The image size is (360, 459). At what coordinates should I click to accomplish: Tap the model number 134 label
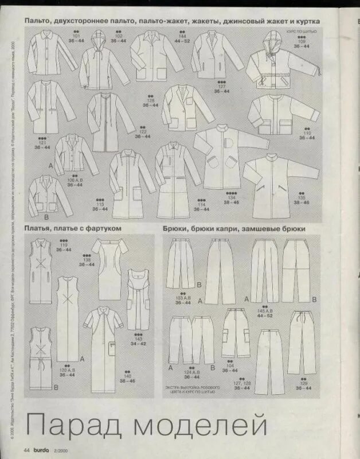232,197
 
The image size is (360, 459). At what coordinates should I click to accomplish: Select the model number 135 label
302,197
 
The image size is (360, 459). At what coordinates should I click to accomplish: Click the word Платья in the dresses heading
41,228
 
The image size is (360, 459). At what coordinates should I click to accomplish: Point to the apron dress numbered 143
138,298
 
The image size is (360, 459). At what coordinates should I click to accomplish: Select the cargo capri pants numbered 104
236,336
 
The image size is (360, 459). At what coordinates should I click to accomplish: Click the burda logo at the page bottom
40,449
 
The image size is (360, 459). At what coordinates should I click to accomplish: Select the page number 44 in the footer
26,449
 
